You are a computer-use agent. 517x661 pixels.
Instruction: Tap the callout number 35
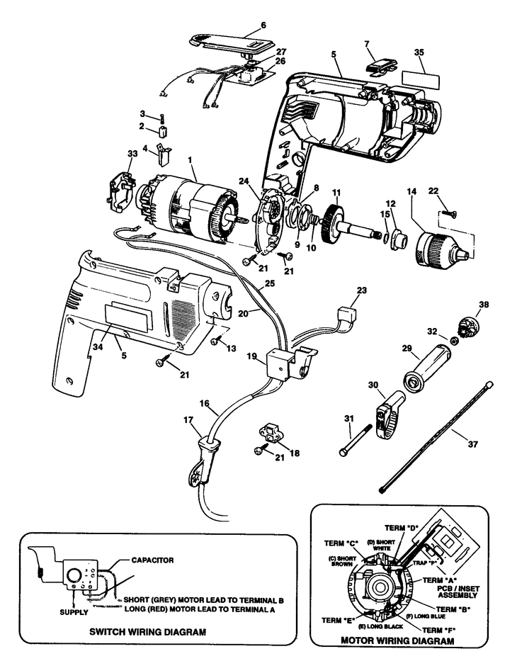click(419, 52)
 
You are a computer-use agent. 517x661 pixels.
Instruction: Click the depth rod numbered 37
click(436, 436)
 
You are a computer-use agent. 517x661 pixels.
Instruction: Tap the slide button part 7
click(381, 66)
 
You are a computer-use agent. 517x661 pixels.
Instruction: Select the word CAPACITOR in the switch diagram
click(152, 560)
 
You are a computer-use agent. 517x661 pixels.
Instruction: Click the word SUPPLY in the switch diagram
click(74, 612)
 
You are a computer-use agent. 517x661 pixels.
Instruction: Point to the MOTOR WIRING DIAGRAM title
click(397, 640)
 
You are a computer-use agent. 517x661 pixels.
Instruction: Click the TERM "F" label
click(438, 630)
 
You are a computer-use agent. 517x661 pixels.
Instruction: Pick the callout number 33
click(132, 154)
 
